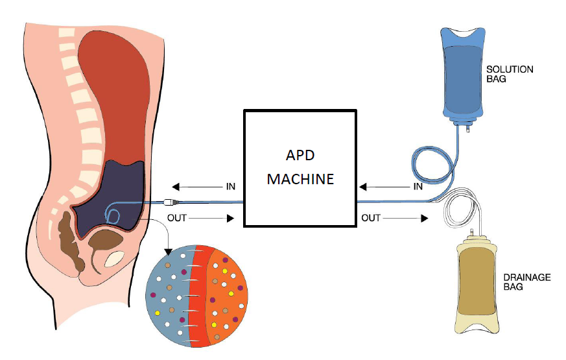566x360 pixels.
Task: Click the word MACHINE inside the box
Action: [300, 178]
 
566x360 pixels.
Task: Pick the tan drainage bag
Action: [476, 285]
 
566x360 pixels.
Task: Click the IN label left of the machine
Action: [230, 186]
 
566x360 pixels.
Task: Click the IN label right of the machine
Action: [418, 187]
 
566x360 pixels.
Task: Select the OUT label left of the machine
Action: [176, 218]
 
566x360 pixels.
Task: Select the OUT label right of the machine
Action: [371, 218]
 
